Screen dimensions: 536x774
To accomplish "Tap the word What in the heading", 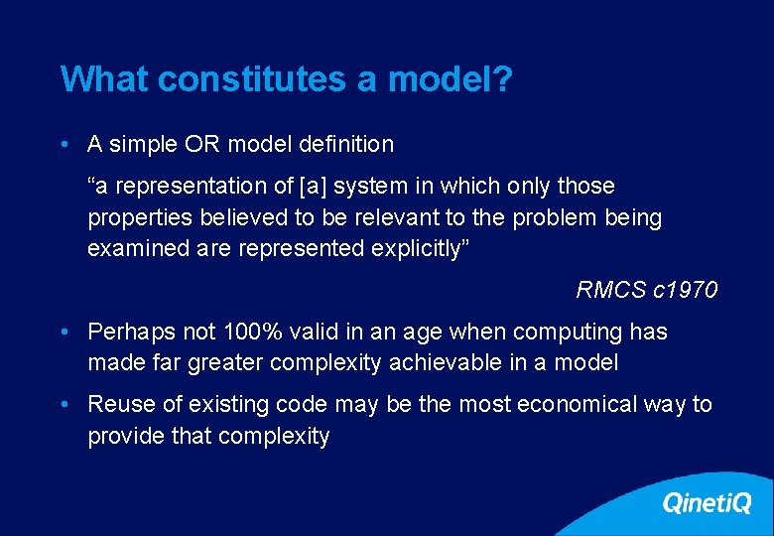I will pyautogui.click(x=104, y=79).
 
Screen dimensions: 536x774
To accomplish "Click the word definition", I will pyautogui.click(x=344, y=144).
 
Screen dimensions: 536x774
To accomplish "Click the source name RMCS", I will pyautogui.click(x=611, y=290).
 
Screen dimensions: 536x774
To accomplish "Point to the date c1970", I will pyautogui.click(x=686, y=290).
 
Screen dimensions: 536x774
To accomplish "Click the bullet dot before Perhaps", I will pyautogui.click(x=64, y=332).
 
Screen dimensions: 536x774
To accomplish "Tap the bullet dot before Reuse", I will pyautogui.click(x=64, y=404).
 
